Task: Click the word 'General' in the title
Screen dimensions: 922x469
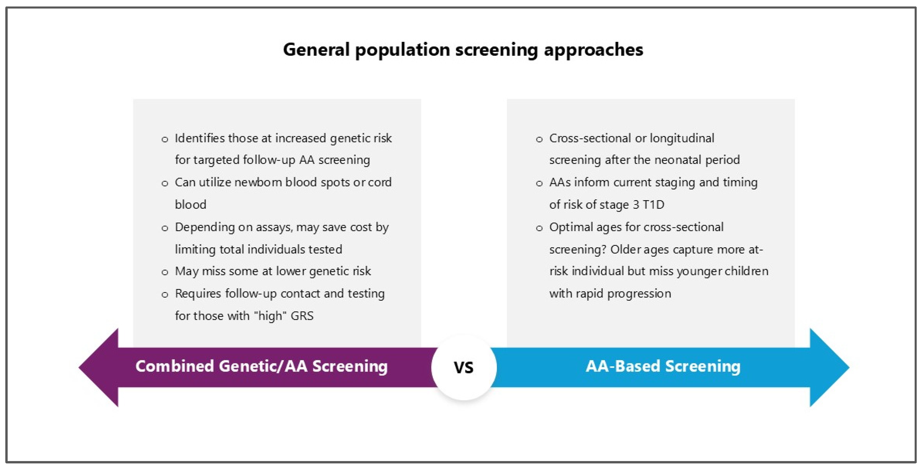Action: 316,49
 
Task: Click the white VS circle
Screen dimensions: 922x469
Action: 464,367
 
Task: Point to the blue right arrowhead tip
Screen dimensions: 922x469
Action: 849,367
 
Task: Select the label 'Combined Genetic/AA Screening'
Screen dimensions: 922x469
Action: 262,366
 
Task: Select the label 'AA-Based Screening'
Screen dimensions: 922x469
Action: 663,366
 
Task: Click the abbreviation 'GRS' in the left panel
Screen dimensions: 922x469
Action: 302,316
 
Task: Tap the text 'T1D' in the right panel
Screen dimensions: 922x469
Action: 654,204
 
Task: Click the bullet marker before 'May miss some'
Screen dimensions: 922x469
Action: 165,272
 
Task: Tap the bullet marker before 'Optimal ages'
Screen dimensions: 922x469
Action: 539,228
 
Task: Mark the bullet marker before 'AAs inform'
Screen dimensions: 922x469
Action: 539,184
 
